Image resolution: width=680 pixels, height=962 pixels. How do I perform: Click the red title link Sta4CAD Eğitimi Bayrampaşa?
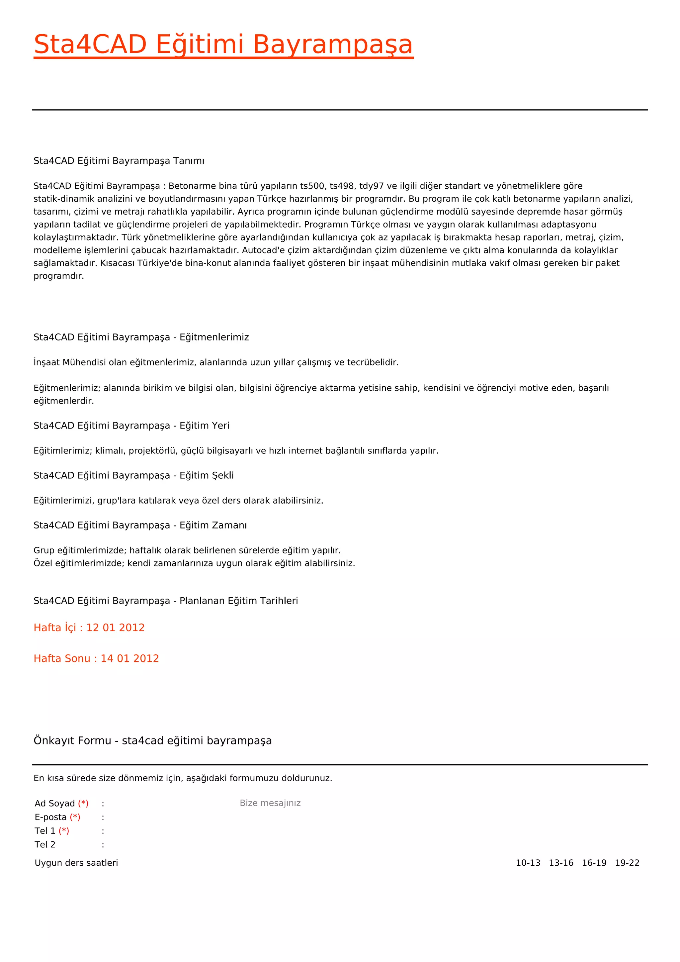(223, 45)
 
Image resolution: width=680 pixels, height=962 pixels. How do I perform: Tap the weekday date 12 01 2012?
(115, 627)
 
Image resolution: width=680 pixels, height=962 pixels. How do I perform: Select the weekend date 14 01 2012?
(129, 659)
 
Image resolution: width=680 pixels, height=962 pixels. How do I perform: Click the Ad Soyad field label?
(55, 804)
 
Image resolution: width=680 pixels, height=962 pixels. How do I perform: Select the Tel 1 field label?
(45, 831)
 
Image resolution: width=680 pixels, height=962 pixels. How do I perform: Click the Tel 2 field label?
(45, 845)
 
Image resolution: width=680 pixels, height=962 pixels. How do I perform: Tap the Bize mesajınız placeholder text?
(270, 803)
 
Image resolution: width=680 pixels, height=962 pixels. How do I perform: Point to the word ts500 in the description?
(312, 186)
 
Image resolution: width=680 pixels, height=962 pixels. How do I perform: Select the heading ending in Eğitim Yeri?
(131, 426)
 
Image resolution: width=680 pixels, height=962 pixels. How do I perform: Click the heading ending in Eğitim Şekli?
(133, 476)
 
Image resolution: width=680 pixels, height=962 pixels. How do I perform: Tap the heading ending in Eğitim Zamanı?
(140, 526)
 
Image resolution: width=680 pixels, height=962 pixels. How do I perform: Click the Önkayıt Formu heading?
(152, 741)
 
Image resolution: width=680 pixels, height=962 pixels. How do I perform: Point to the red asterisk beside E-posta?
(75, 817)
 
